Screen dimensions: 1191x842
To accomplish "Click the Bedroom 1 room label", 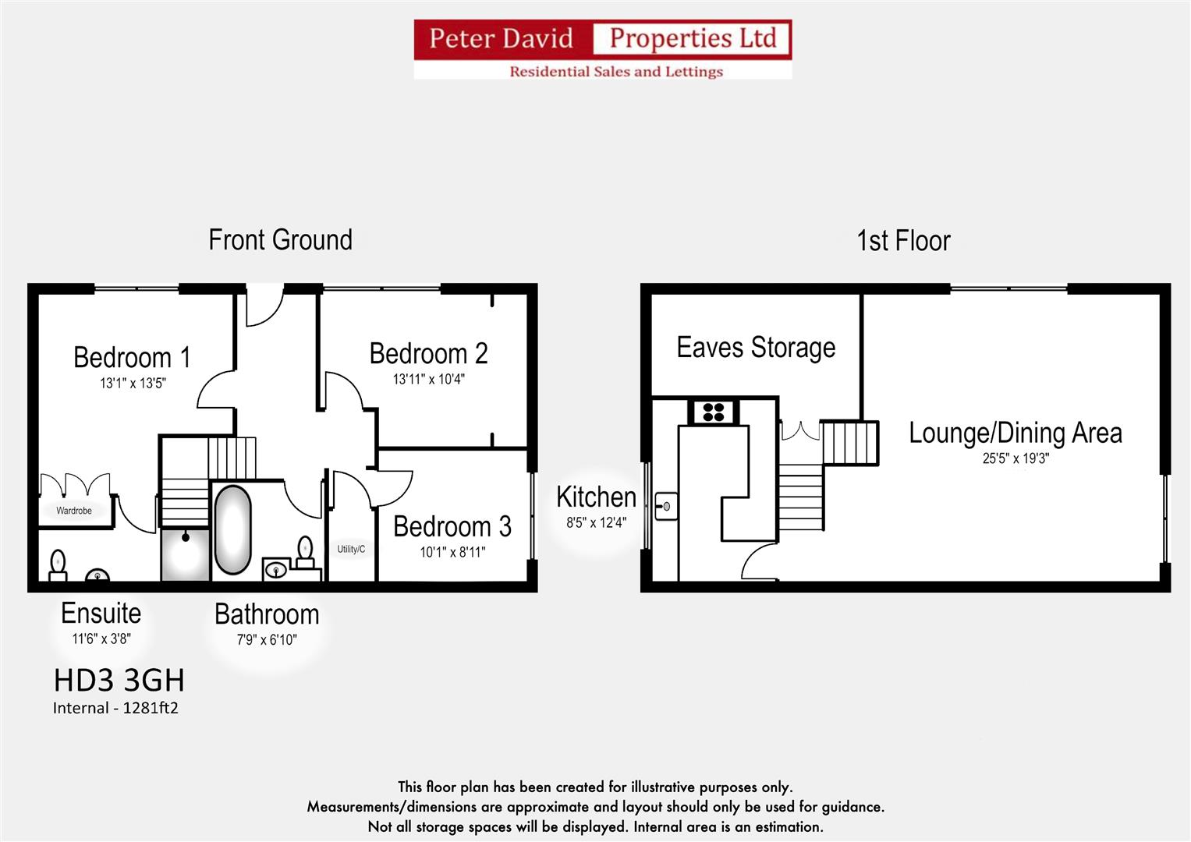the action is coord(132,357).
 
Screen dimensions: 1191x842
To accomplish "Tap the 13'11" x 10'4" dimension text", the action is coord(428,379).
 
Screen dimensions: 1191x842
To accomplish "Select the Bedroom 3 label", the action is coord(452,527).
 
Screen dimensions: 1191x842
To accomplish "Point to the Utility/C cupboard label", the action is coord(351,549).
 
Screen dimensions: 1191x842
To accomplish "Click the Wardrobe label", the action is coord(74,511).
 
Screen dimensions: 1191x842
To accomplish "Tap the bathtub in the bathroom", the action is coord(232,529).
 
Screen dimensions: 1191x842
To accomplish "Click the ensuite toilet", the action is coord(58,565).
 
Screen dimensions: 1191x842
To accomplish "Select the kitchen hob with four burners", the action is coord(713,412).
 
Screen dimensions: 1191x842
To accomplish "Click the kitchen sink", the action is coord(665,505).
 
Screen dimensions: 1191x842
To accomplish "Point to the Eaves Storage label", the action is coord(756,348).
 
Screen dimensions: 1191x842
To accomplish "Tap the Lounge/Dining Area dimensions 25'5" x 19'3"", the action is coord(1016,458).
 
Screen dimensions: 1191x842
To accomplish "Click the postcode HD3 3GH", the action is coord(119,681).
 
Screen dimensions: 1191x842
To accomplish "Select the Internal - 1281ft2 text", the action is coord(115,708).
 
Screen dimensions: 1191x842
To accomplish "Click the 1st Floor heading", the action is coord(903,240).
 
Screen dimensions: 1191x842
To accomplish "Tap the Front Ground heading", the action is coord(280,240).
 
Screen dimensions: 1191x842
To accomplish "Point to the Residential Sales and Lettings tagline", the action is coord(616,71).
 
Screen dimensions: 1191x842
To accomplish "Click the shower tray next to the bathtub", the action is coord(185,554).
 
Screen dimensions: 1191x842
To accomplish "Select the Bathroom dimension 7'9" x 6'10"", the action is coord(267,639).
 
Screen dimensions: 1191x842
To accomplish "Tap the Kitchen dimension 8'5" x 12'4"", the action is coord(596,522).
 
